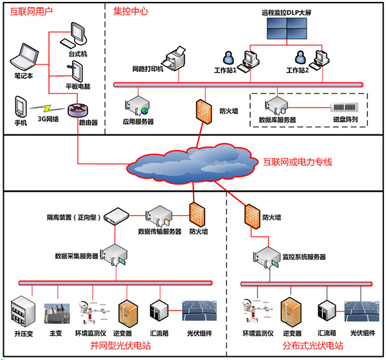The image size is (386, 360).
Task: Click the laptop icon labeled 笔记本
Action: click(24, 57)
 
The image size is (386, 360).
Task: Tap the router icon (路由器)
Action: click(78, 110)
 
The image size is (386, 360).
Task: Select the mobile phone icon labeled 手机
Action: click(20, 106)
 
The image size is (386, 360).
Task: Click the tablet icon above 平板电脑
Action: click(75, 71)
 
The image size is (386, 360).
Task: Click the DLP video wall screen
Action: click(287, 28)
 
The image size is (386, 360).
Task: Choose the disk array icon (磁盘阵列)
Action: click(344, 107)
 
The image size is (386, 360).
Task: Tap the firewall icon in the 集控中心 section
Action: click(204, 111)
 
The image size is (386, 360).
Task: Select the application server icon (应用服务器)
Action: click(137, 106)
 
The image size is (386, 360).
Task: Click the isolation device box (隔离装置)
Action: click(116, 216)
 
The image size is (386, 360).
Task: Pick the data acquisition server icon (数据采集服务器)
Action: click(114, 255)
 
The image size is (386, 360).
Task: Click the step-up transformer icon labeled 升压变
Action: click(23, 311)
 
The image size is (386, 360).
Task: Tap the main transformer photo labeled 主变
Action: click(57, 313)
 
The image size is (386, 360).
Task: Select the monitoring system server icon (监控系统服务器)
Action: click(266, 257)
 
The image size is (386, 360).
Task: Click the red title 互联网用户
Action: click(31, 12)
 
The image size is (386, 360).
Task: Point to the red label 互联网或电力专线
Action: click(298, 162)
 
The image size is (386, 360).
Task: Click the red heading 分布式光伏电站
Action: click(313, 345)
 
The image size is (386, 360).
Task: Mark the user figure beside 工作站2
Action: click(300, 57)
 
